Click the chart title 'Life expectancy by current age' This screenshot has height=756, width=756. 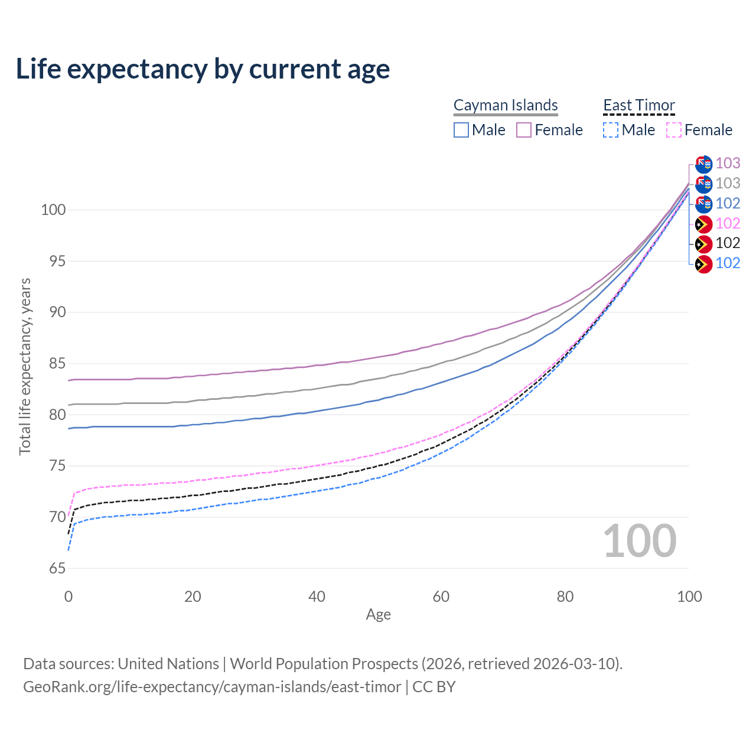pyautogui.click(x=203, y=69)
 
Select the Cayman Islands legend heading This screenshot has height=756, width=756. pyautogui.click(x=506, y=105)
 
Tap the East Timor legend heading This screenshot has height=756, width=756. pyautogui.click(x=639, y=105)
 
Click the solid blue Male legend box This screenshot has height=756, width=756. pyautogui.click(x=461, y=130)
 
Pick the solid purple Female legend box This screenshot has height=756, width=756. pyautogui.click(x=524, y=130)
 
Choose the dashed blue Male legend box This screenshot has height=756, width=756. pyautogui.click(x=611, y=130)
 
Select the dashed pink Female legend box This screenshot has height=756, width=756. pyautogui.click(x=674, y=130)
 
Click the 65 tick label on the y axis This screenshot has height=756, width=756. pyautogui.click(x=57, y=569)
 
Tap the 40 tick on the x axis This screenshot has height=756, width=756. pyautogui.click(x=317, y=597)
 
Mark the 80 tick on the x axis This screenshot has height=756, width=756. pyautogui.click(x=565, y=597)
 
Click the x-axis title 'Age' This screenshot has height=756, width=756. pyautogui.click(x=379, y=615)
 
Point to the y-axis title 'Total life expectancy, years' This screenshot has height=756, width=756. pyautogui.click(x=25, y=367)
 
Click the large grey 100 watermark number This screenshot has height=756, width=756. pyautogui.click(x=640, y=541)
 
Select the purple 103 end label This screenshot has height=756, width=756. pyautogui.click(x=728, y=163)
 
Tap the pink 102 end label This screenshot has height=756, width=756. pyautogui.click(x=728, y=223)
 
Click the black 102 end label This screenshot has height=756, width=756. pyautogui.click(x=728, y=243)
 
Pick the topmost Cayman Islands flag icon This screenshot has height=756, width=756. pyautogui.click(x=703, y=164)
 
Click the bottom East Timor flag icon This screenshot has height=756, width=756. pyautogui.click(x=703, y=264)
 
